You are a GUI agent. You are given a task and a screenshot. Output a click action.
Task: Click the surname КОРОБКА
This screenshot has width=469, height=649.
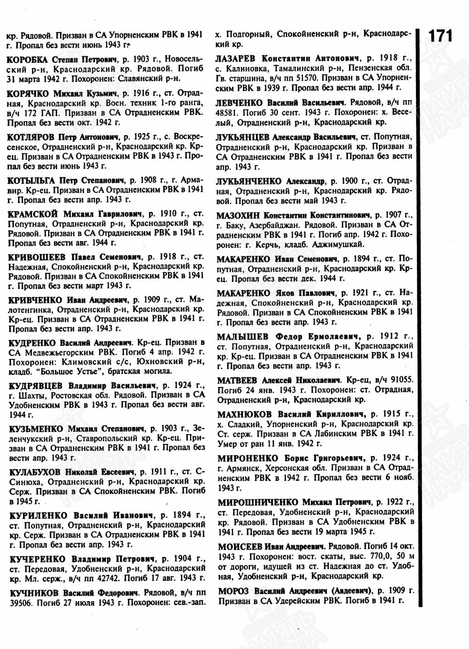[x=28, y=60]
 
